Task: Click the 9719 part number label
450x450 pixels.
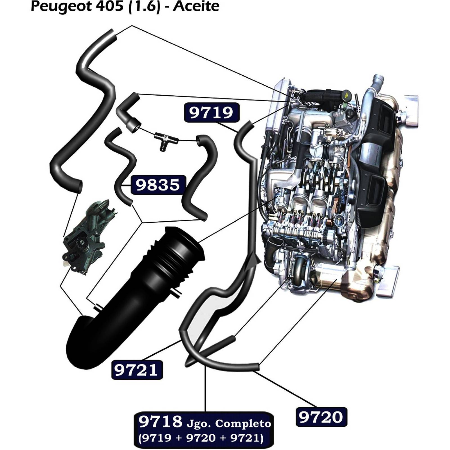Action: [211, 112]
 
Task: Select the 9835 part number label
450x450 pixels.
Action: [157, 185]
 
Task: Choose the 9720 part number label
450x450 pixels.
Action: [321, 417]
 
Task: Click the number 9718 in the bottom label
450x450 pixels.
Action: [160, 422]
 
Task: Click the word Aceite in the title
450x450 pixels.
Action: [196, 6]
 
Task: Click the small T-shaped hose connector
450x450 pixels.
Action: [166, 139]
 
